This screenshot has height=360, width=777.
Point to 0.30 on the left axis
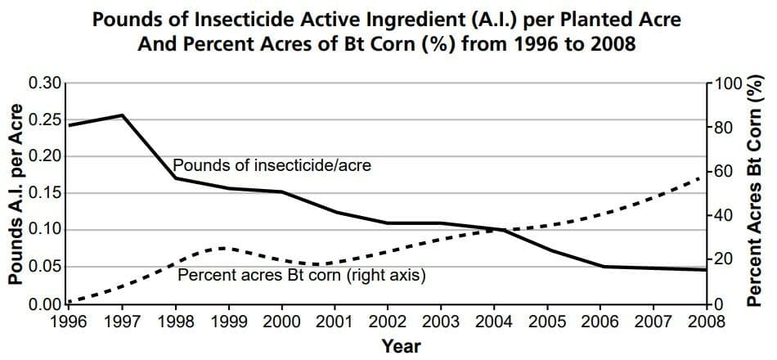[45, 83]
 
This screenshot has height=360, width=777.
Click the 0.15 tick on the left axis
[45, 193]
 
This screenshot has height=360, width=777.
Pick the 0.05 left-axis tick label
[45, 267]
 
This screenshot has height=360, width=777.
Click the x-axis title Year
[402, 345]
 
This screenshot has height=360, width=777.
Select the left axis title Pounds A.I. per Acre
[16, 195]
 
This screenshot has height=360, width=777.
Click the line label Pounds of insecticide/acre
[272, 165]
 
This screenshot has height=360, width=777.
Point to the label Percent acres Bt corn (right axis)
[301, 275]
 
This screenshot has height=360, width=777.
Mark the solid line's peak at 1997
[122, 115]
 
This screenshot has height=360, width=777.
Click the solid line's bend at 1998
[175, 178]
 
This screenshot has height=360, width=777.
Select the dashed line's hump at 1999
[226, 248]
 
